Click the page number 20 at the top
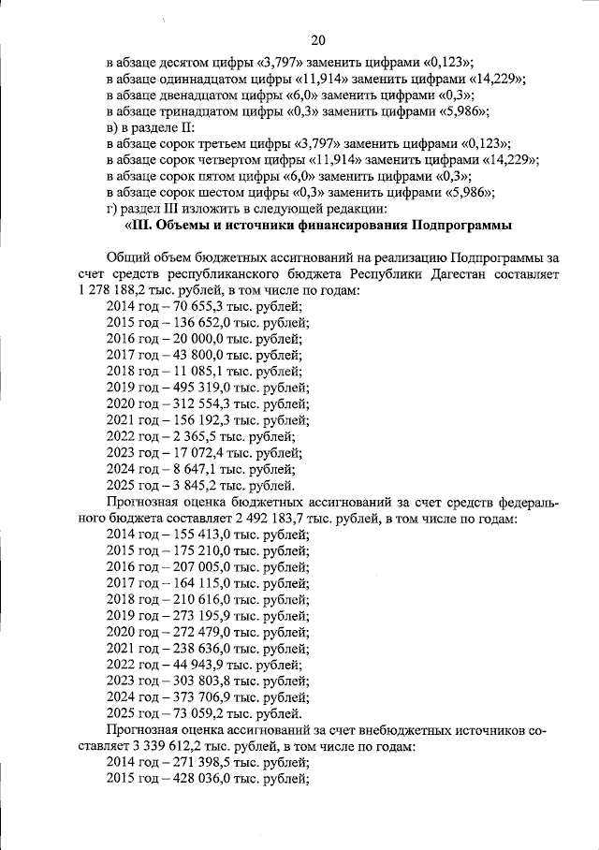tap(317, 39)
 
